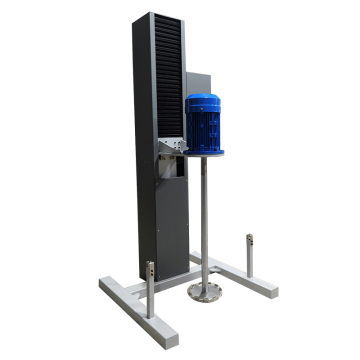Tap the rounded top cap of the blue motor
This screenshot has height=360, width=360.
[x=203, y=100]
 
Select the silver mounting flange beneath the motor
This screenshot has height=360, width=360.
[x=204, y=153]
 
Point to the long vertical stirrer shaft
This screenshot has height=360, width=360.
[x=204, y=220]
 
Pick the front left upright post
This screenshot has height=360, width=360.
[x=150, y=290]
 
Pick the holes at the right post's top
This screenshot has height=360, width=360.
[x=250, y=241]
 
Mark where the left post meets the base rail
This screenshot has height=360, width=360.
[x=150, y=312]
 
